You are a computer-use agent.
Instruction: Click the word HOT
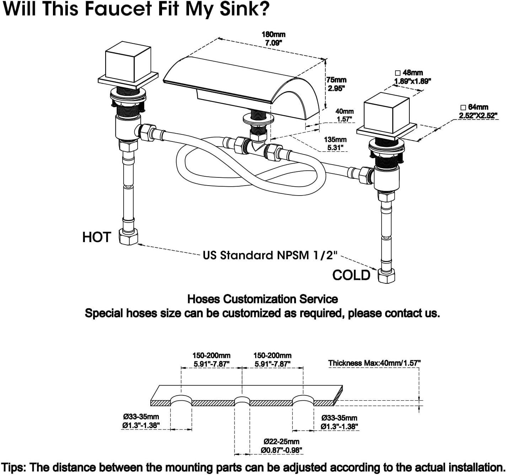tap(97, 237)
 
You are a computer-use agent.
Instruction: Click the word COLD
tap(351, 275)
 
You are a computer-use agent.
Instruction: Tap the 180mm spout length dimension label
tap(273, 38)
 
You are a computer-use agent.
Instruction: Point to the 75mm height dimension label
tap(337, 84)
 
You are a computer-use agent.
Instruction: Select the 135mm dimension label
tap(335, 143)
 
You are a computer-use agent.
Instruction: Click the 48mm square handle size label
tap(413, 77)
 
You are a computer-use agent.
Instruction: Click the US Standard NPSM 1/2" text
tap(270, 255)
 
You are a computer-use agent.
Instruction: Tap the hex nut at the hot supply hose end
tap(128, 236)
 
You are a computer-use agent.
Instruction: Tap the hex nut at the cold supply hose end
tap(386, 276)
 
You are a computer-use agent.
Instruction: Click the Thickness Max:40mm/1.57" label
tap(374, 363)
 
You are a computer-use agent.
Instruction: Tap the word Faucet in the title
tap(118, 9)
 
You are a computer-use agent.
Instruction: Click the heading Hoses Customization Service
tap(263, 299)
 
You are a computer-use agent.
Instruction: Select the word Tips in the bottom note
tap(13, 468)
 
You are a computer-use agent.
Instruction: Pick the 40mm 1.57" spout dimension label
tap(344, 115)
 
